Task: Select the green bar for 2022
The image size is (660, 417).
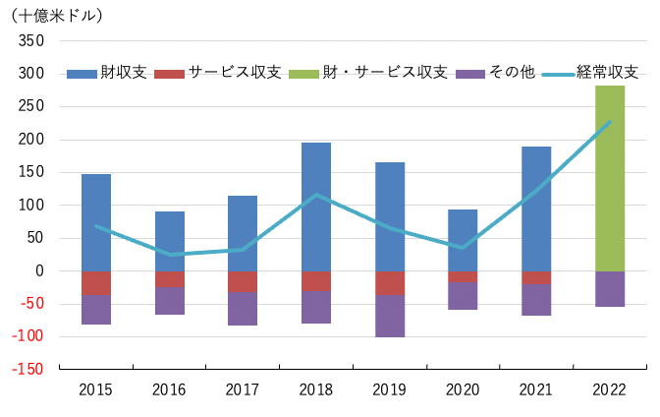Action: [610, 178]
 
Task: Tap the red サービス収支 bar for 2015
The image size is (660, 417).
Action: [96, 282]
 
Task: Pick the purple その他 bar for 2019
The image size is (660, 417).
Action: [390, 316]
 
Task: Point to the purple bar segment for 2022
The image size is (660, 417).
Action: [610, 289]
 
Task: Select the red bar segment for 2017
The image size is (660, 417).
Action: [243, 281]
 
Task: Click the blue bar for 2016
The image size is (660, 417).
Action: [170, 241]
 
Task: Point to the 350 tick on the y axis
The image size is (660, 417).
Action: [32, 41]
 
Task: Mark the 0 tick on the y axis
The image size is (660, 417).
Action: [40, 270]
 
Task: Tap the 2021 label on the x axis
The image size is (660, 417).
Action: [536, 389]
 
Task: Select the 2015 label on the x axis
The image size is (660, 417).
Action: [96, 389]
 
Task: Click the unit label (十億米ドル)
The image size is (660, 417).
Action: [56, 15]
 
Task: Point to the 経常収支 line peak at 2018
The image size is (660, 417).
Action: [316, 195]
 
